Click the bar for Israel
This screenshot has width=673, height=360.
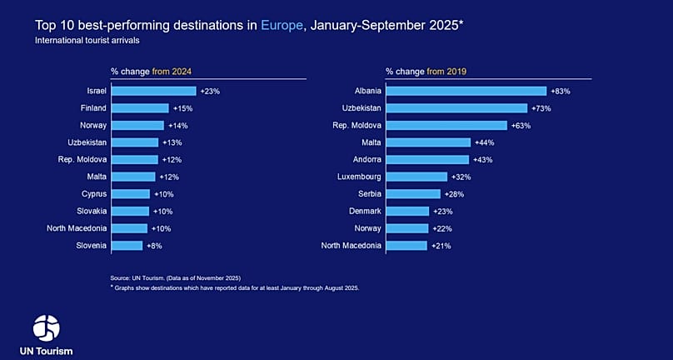tap(153, 91)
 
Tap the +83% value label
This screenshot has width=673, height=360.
tap(560, 91)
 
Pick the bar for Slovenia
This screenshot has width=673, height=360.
tap(127, 246)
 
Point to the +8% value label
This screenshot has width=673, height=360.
tap(154, 246)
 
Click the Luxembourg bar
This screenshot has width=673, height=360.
tap(416, 177)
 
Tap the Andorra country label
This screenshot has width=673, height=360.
tap(365, 159)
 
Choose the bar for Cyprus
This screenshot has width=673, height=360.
tap(130, 194)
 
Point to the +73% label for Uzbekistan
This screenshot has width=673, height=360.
tap(541, 108)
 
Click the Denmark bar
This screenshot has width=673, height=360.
tap(407, 212)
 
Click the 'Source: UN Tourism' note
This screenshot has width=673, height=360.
tap(174, 277)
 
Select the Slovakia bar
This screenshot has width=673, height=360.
tap(130, 212)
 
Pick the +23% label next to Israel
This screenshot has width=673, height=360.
tap(209, 91)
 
